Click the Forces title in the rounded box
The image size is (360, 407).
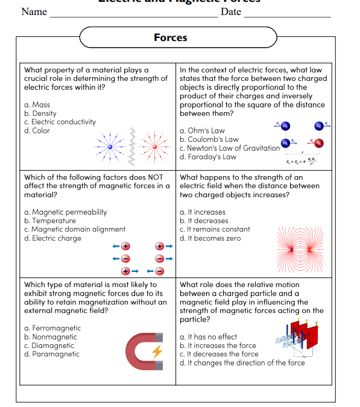coord(171,37)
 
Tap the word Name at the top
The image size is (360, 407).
coord(34,12)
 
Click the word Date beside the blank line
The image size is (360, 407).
coord(231,12)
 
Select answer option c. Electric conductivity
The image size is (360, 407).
coord(60,122)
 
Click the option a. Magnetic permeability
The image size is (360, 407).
coord(65,212)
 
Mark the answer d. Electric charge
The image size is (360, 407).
coord(52,238)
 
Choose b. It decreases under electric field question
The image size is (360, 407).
coord(204,221)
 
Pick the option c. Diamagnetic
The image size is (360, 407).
coord(49,345)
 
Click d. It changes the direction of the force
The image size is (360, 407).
coord(242,363)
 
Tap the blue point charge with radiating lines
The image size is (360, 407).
coord(110,147)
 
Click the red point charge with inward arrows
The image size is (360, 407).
coord(156,147)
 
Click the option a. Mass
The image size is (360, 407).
coord(37,104)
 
